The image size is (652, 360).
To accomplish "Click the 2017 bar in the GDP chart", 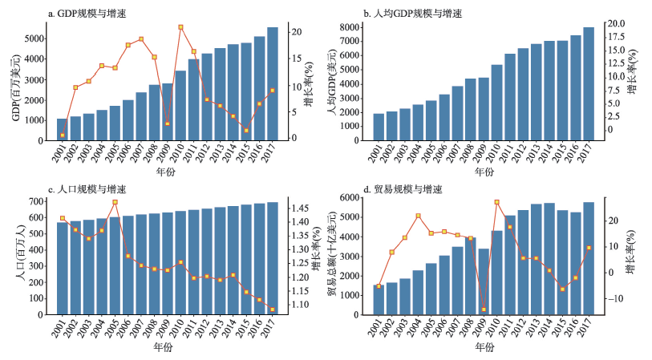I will tap(273, 84).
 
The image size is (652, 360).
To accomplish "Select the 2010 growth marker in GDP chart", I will tap(180, 27).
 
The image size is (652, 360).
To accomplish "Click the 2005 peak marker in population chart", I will tap(115, 202).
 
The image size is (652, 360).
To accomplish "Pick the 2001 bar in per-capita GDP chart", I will tap(379, 127).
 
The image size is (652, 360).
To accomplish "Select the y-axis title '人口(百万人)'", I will tap(20, 256).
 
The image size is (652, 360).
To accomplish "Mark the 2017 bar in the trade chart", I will tap(589, 258).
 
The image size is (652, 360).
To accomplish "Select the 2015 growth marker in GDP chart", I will tap(246, 130).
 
